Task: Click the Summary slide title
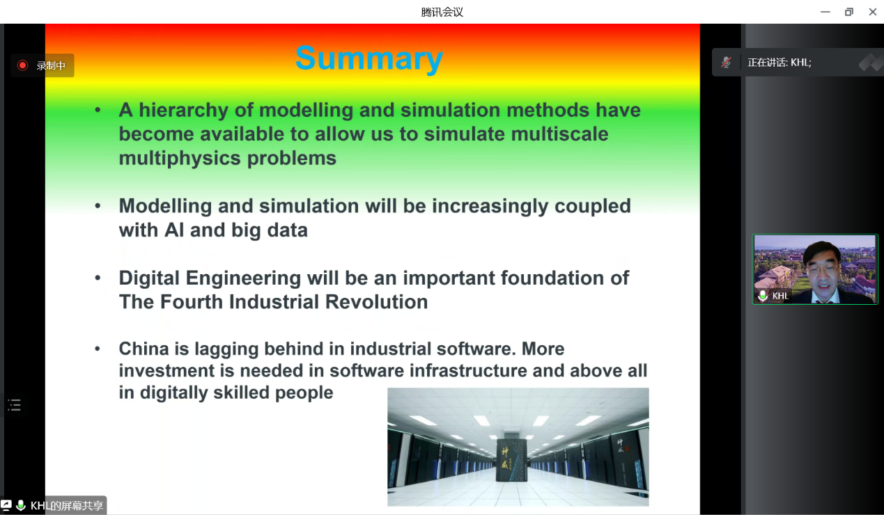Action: pyautogui.click(x=369, y=58)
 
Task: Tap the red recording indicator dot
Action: pyautogui.click(x=22, y=65)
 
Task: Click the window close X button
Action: pyautogui.click(x=873, y=12)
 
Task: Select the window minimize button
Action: pyautogui.click(x=825, y=12)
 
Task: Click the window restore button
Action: pyautogui.click(x=849, y=12)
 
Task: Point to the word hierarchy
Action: pyautogui.click(x=183, y=111)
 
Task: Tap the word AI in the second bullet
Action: pyautogui.click(x=174, y=230)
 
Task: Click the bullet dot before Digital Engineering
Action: pyautogui.click(x=98, y=278)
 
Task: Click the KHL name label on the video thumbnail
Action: pyautogui.click(x=780, y=296)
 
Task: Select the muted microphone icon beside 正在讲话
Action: pyautogui.click(x=726, y=63)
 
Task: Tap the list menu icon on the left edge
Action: pyautogui.click(x=15, y=405)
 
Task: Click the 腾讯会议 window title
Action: pyautogui.click(x=442, y=13)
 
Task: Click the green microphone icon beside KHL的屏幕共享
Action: pyautogui.click(x=21, y=505)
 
